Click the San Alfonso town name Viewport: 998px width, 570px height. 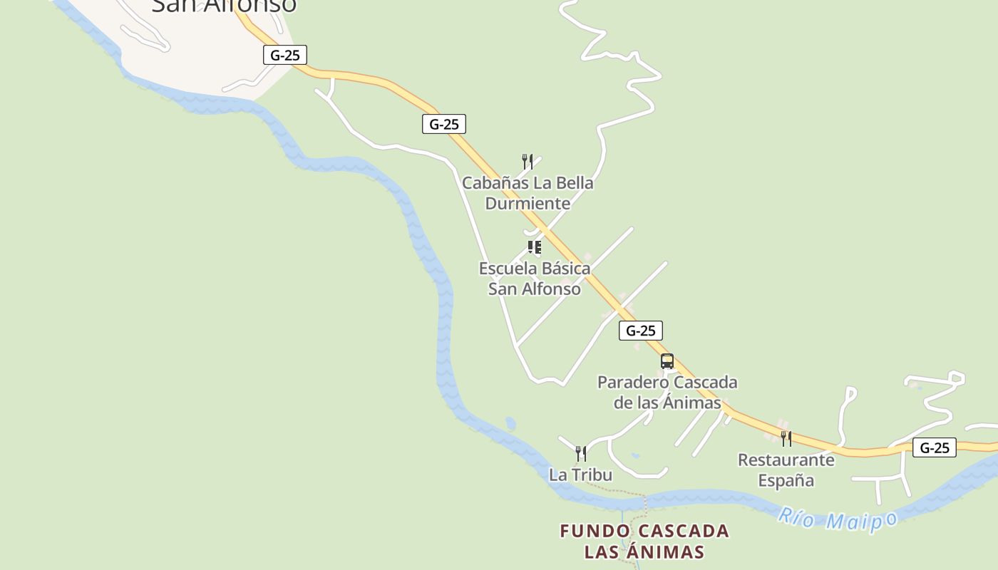(x=224, y=6)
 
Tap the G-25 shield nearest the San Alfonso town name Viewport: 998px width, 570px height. (x=285, y=55)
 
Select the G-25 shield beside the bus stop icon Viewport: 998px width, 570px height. (x=640, y=331)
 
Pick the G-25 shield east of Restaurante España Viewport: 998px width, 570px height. (x=934, y=447)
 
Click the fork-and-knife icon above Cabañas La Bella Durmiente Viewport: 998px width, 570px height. (x=528, y=161)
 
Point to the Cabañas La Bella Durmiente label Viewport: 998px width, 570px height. (x=528, y=193)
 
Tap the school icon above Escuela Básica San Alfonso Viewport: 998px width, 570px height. (x=534, y=247)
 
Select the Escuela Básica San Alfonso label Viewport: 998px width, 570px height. (x=535, y=279)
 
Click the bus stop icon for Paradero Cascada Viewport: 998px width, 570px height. (x=667, y=361)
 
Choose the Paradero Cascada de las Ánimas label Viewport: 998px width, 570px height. (x=667, y=393)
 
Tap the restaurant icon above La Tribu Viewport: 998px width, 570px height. (x=581, y=453)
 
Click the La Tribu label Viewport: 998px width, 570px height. (x=580, y=475)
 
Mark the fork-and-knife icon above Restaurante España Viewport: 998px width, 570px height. (x=786, y=438)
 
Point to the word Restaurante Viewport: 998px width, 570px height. (x=786, y=460)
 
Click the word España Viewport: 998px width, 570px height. (x=786, y=481)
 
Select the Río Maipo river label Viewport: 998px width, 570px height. (x=837, y=519)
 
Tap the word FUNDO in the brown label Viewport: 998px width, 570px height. (x=595, y=531)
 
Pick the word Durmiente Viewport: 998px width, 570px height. (x=528, y=204)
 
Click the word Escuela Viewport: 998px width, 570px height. (x=508, y=269)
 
